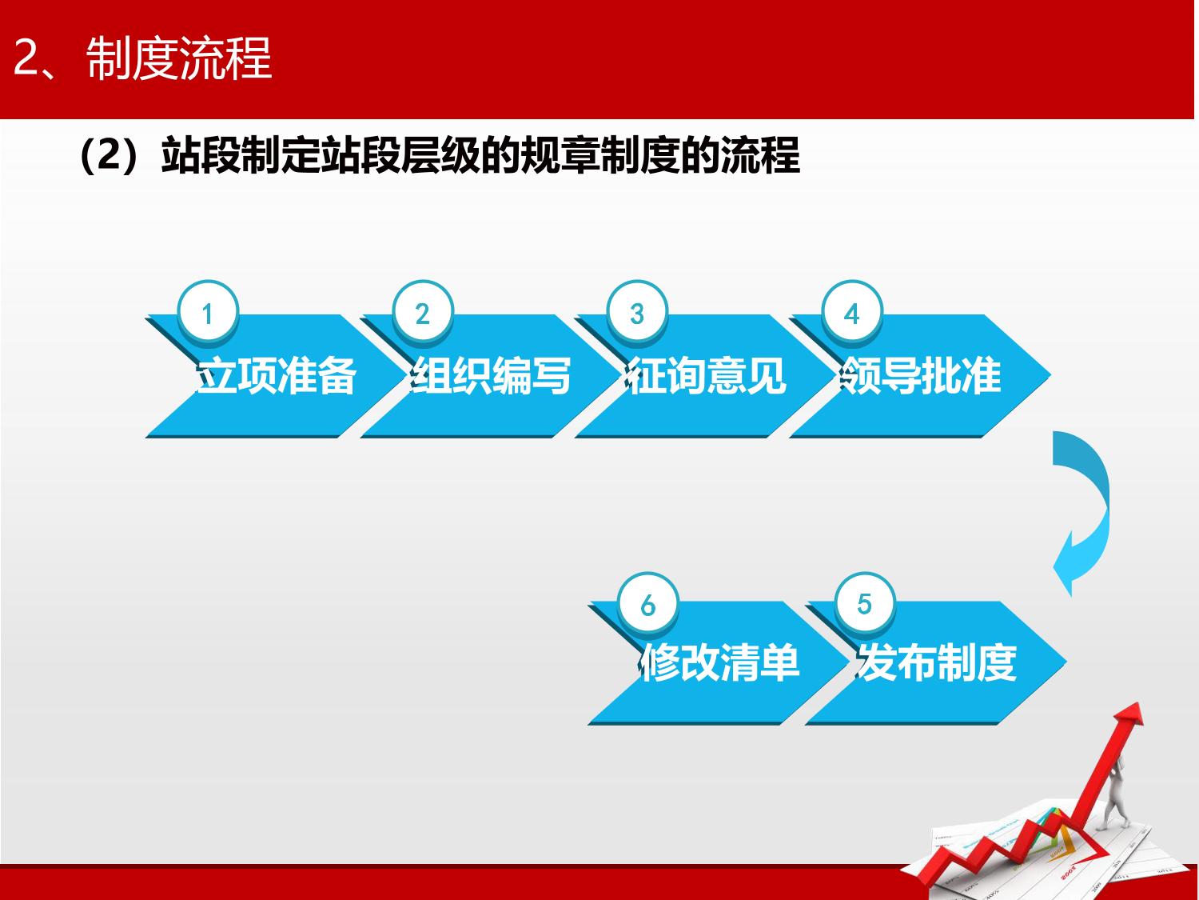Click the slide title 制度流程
(178, 59)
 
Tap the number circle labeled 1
(208, 313)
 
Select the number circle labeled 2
(423, 313)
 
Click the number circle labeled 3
(637, 313)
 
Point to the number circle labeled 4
(852, 313)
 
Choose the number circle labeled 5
(865, 603)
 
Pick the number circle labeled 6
(648, 603)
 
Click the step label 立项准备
(276, 376)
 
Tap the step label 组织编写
(491, 376)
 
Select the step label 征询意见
(705, 376)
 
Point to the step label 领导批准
(921, 376)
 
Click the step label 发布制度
(936, 663)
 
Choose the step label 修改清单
(719, 663)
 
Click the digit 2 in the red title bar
(26, 59)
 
